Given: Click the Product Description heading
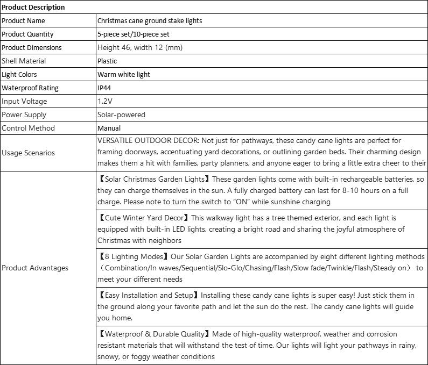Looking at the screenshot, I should tap(33, 7).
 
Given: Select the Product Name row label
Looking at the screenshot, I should tap(24, 20).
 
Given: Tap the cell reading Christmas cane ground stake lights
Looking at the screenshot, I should tap(150, 20).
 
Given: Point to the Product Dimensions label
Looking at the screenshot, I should tap(31, 47).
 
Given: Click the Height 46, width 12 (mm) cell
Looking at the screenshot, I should tap(140, 47).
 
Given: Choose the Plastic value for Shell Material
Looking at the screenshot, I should tap(107, 61).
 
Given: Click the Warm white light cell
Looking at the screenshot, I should tap(124, 74).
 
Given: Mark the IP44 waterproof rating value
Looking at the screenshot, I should tap(104, 88).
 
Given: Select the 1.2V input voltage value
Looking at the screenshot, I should tap(105, 101).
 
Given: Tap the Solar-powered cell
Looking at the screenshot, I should tap(121, 114).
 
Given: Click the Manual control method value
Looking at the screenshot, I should tap(109, 128).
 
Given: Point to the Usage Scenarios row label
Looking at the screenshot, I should tap(28, 153).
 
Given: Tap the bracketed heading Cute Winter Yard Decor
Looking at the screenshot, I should tap(144, 218).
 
